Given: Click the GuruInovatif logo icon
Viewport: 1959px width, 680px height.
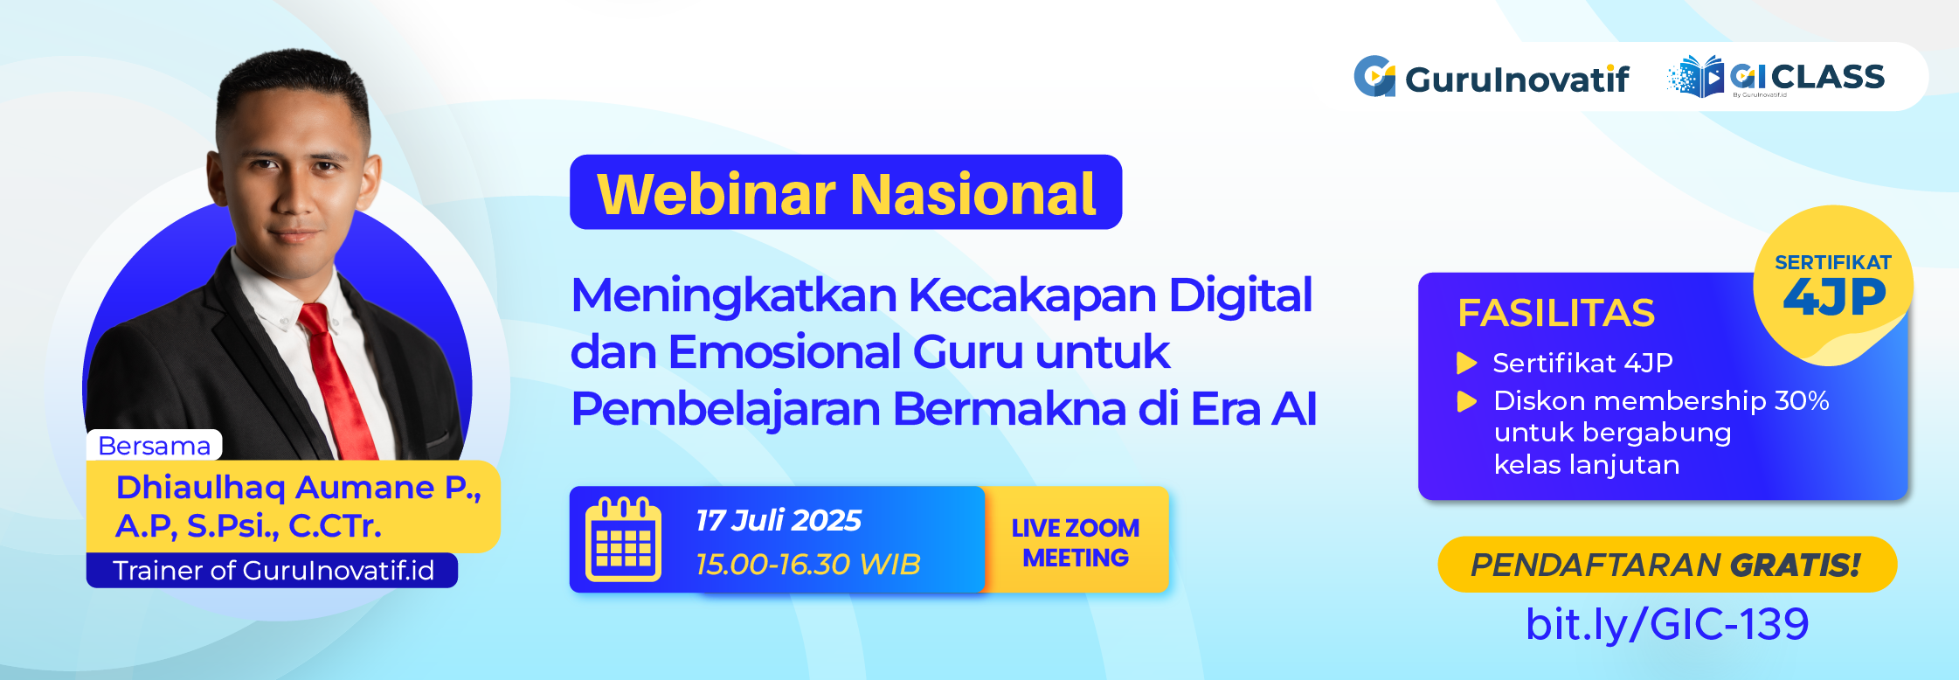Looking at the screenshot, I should click(x=1374, y=77).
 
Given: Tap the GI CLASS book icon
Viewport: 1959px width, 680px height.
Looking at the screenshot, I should click(x=1696, y=77).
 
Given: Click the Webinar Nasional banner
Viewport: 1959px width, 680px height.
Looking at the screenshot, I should click(x=845, y=193).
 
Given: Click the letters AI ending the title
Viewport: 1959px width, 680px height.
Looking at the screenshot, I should click(x=1293, y=409).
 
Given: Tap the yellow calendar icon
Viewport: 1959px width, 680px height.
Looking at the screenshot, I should click(x=623, y=540).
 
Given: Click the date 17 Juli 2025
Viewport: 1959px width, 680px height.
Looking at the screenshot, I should click(x=778, y=520).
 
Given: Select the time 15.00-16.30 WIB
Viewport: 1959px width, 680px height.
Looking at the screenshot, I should click(x=807, y=564).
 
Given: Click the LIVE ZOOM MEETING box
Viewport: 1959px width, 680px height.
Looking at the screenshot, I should click(x=1075, y=542).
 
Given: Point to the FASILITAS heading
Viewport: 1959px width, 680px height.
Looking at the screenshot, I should click(x=1555, y=313).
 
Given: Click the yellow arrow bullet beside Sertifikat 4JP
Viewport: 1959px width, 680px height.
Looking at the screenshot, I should click(x=1466, y=363).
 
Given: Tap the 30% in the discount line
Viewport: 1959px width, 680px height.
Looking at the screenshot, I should click(x=1801, y=400).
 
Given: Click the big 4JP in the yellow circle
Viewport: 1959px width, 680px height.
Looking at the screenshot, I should click(x=1833, y=297).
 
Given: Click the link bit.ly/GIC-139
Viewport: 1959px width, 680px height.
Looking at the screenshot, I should click(x=1666, y=624).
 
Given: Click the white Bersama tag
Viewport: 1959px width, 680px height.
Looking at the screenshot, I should click(x=154, y=446).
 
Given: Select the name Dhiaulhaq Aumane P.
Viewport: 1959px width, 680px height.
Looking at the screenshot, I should click(x=297, y=488).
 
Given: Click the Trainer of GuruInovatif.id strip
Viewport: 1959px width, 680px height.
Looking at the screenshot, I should click(x=273, y=571).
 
